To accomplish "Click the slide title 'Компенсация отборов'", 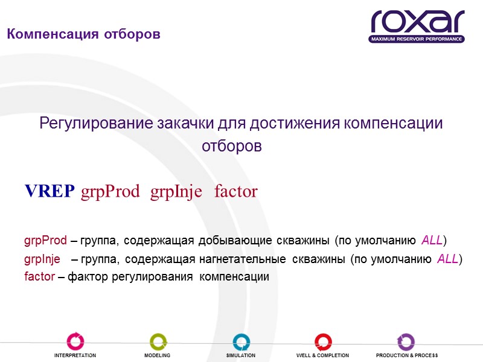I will point(83,34).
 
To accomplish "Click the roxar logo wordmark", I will point(417,22).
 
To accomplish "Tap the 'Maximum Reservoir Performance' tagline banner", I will point(417,39).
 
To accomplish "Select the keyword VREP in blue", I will point(50,192).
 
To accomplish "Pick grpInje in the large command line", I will point(176,192).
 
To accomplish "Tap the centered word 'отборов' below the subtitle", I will point(232,147).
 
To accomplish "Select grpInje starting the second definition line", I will point(42,259).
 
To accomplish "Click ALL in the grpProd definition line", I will point(432,241).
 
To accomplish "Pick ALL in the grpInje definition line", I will point(447,259).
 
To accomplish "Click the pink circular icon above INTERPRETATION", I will point(75,341).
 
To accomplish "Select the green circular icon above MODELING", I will point(158,341).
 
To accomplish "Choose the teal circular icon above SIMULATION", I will point(241,341).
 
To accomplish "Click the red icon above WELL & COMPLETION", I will point(322,341).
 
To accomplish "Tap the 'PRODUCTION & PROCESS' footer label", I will point(406,355).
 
